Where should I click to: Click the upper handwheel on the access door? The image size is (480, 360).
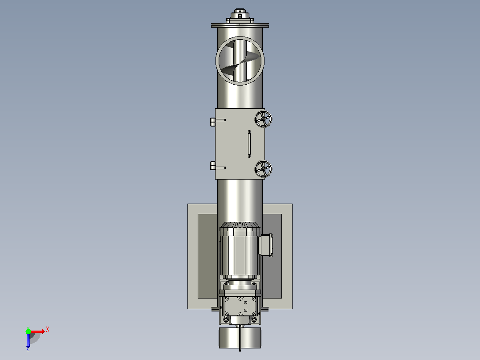[263, 119]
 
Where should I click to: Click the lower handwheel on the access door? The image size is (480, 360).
[263, 169]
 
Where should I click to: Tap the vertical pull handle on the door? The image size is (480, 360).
[249, 144]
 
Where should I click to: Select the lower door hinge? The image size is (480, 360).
[218, 166]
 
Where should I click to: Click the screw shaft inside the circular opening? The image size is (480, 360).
[240, 61]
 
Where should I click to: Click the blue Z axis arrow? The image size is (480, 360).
[28, 340]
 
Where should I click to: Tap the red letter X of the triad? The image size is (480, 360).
[48, 330]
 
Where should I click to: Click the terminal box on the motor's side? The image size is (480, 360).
[266, 245]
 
